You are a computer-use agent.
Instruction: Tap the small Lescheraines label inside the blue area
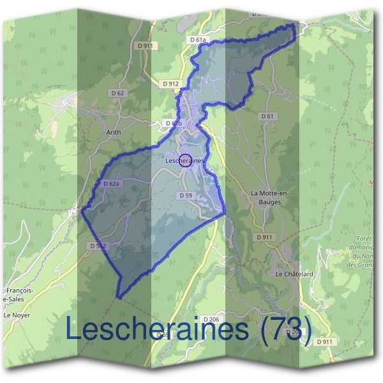pos(184,161)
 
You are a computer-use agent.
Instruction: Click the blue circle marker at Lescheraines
pos(185,160)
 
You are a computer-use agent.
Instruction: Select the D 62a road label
pos(112,184)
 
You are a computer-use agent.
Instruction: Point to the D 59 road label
pos(186,195)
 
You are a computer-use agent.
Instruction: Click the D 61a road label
pos(199,40)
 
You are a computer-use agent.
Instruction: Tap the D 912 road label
pos(170,84)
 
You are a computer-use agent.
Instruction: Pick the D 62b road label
pos(174,123)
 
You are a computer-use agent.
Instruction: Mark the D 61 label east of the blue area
pos(267,116)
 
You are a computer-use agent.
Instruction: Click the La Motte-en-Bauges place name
pos(266,197)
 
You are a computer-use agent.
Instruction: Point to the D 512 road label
pos(98,245)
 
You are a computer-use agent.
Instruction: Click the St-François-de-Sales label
pos(14,295)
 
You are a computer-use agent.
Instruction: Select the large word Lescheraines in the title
pos(157,329)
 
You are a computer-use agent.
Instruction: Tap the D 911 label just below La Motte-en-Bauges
pos(264,237)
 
